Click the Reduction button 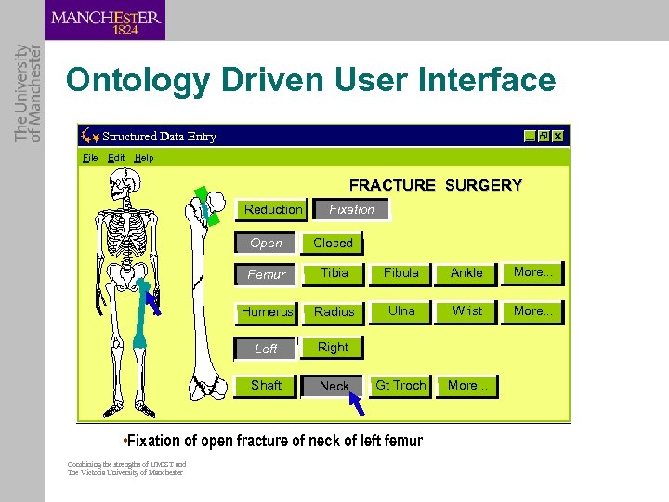pos(273,210)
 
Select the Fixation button pos(351,210)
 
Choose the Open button pos(266,244)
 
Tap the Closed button pos(333,244)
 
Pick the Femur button pos(267,275)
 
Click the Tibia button pos(334,273)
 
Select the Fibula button pos(400,273)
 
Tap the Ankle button pos(466,273)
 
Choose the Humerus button pos(267,312)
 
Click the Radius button pos(334,312)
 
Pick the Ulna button pos(401,311)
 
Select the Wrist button pos(466,311)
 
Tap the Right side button pos(333,348)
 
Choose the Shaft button pos(266,386)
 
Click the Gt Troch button pos(400,386)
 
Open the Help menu pos(144,158)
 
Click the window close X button pos(557,136)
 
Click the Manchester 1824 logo pos(105,20)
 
